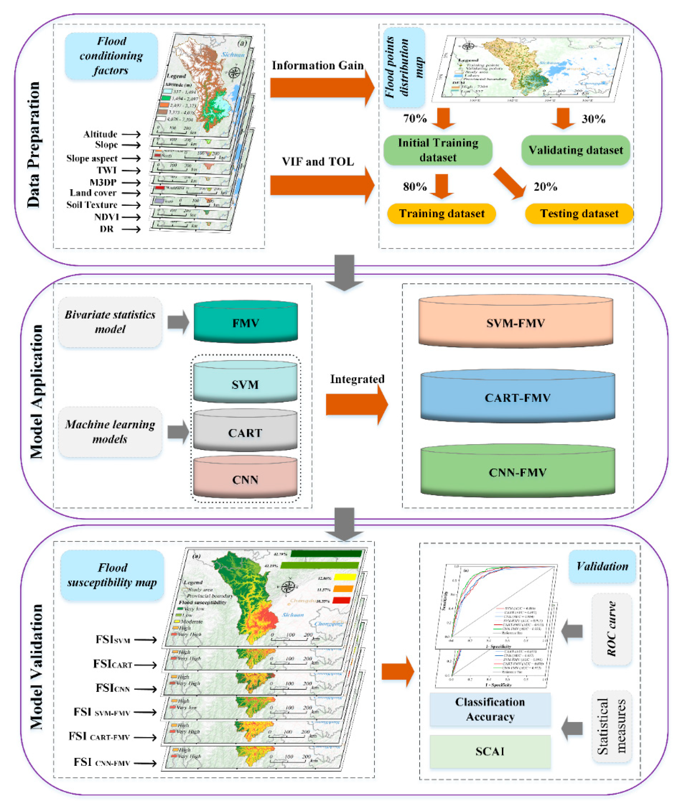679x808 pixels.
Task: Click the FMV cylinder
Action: [245, 323]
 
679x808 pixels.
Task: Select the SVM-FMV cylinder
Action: [515, 323]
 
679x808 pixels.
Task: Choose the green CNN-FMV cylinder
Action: [517, 472]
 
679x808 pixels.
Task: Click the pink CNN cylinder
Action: [245, 479]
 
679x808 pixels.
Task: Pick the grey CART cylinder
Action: [245, 433]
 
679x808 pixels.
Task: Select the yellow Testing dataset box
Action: [579, 214]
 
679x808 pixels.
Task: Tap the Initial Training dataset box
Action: [438, 150]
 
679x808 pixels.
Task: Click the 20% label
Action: [545, 187]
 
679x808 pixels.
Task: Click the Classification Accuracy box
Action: [490, 709]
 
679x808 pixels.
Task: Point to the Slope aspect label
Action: [92, 159]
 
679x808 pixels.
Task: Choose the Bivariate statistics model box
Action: [110, 322]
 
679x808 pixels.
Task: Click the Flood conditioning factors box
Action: [111, 56]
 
